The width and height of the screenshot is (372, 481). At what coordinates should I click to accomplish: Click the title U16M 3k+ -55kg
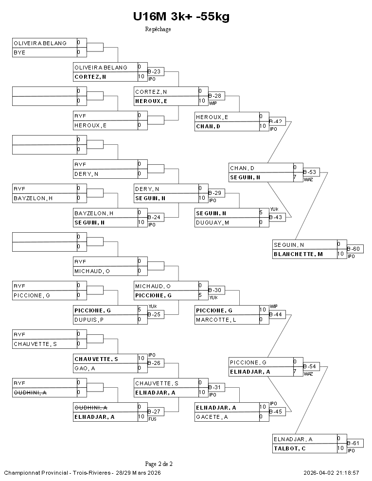pyautogui.click(x=181, y=17)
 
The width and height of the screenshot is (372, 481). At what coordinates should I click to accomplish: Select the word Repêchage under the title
pyautogui.click(x=158, y=29)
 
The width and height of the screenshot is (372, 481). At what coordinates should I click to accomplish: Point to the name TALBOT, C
pyautogui.click(x=289, y=448)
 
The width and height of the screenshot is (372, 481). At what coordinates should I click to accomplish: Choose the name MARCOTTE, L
pyautogui.click(x=216, y=320)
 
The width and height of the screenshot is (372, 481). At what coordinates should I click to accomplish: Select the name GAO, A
pyautogui.click(x=85, y=368)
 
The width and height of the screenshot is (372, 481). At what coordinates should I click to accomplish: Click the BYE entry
pyautogui.click(x=19, y=52)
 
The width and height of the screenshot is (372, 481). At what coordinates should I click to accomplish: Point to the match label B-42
pyautogui.click(x=276, y=121)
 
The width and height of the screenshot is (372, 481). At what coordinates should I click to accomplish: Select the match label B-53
pyautogui.click(x=310, y=172)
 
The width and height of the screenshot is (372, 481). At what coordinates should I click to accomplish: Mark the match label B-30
pyautogui.click(x=215, y=290)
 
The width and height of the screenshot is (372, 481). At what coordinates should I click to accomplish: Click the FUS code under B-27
pyautogui.click(x=152, y=419)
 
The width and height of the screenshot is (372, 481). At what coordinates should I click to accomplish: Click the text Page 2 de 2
pyautogui.click(x=159, y=464)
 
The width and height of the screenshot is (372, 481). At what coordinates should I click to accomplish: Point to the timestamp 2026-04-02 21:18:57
pyautogui.click(x=331, y=473)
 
